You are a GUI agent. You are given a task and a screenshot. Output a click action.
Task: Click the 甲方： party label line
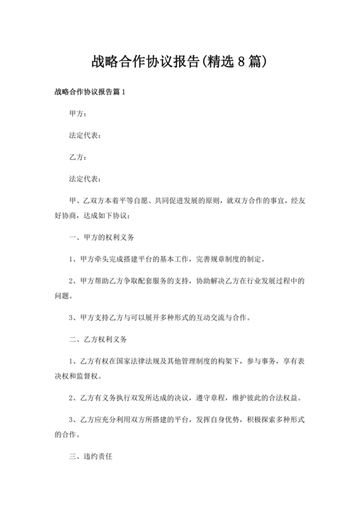coord(78,114)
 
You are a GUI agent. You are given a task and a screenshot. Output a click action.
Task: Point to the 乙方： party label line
coord(78,157)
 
